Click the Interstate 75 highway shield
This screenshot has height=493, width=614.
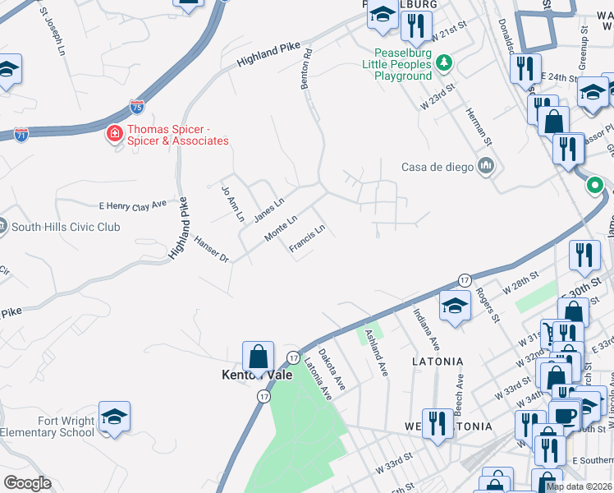point(138,107)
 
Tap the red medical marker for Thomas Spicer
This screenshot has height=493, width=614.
point(116,132)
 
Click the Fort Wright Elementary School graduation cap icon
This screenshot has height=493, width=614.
point(114,416)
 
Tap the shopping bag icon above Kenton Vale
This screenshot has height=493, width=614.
point(258,357)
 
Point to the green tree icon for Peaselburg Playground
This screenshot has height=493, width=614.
point(443,62)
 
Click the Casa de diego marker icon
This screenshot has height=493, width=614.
point(487,167)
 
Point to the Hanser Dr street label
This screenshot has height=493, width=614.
point(211,249)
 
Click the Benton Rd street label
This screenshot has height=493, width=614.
point(305,68)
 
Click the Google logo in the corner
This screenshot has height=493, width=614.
point(27,483)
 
